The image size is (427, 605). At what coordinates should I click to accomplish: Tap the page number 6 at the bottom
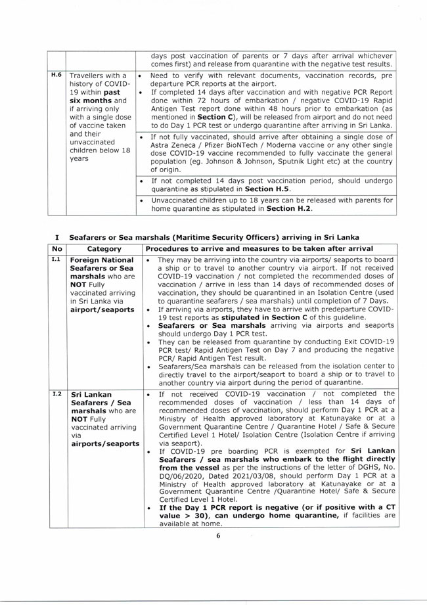[x=219, y=535]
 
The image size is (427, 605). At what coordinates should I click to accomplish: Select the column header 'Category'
[x=105, y=250]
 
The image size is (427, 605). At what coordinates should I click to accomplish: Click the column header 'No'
[x=57, y=250]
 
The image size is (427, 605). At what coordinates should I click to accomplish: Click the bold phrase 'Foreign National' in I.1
[x=101, y=260]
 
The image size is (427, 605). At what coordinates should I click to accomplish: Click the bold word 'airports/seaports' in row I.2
[x=104, y=444]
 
